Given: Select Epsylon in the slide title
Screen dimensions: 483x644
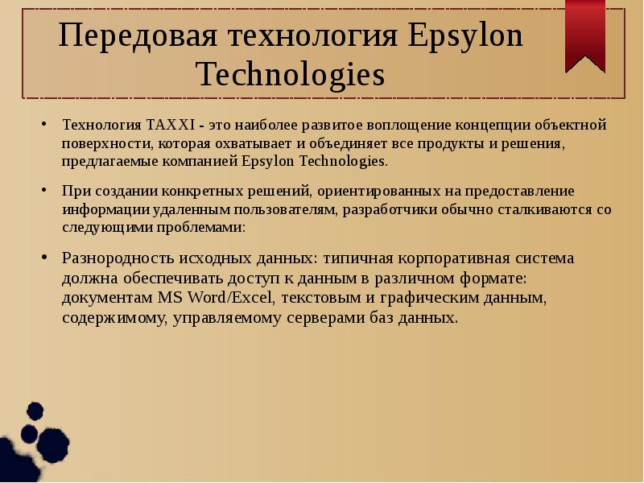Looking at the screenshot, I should [468, 37].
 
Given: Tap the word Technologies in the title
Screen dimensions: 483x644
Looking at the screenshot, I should [291, 76].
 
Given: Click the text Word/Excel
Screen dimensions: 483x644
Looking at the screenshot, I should [228, 298].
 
